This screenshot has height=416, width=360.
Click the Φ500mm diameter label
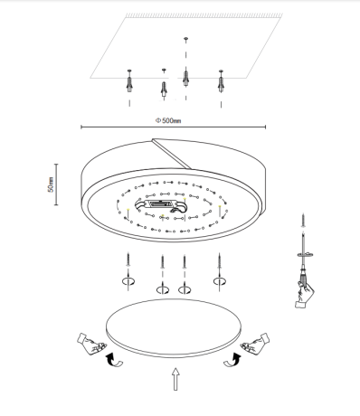[168, 120]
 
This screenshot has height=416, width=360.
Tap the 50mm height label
[51, 184]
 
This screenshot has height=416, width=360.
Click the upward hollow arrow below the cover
[175, 379]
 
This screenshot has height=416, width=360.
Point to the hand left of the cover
[91, 344]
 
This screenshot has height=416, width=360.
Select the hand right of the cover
[255, 343]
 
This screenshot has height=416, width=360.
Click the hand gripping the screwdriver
[304, 294]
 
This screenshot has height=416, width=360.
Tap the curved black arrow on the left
[113, 360]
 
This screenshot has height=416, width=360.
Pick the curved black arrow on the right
[232, 360]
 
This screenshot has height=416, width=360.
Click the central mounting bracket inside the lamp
[162, 205]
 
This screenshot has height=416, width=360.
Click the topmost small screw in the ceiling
[185, 39]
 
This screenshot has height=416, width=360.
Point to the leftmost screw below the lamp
[128, 259]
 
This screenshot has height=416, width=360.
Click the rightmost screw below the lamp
[220, 260]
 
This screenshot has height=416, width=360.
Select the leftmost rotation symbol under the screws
[128, 281]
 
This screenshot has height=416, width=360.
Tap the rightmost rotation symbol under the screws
[220, 281]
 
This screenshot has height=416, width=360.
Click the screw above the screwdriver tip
[303, 220]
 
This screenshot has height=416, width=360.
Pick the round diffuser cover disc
[174, 328]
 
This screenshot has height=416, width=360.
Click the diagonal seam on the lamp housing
[172, 153]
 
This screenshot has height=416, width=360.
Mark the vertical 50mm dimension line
[56, 184]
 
